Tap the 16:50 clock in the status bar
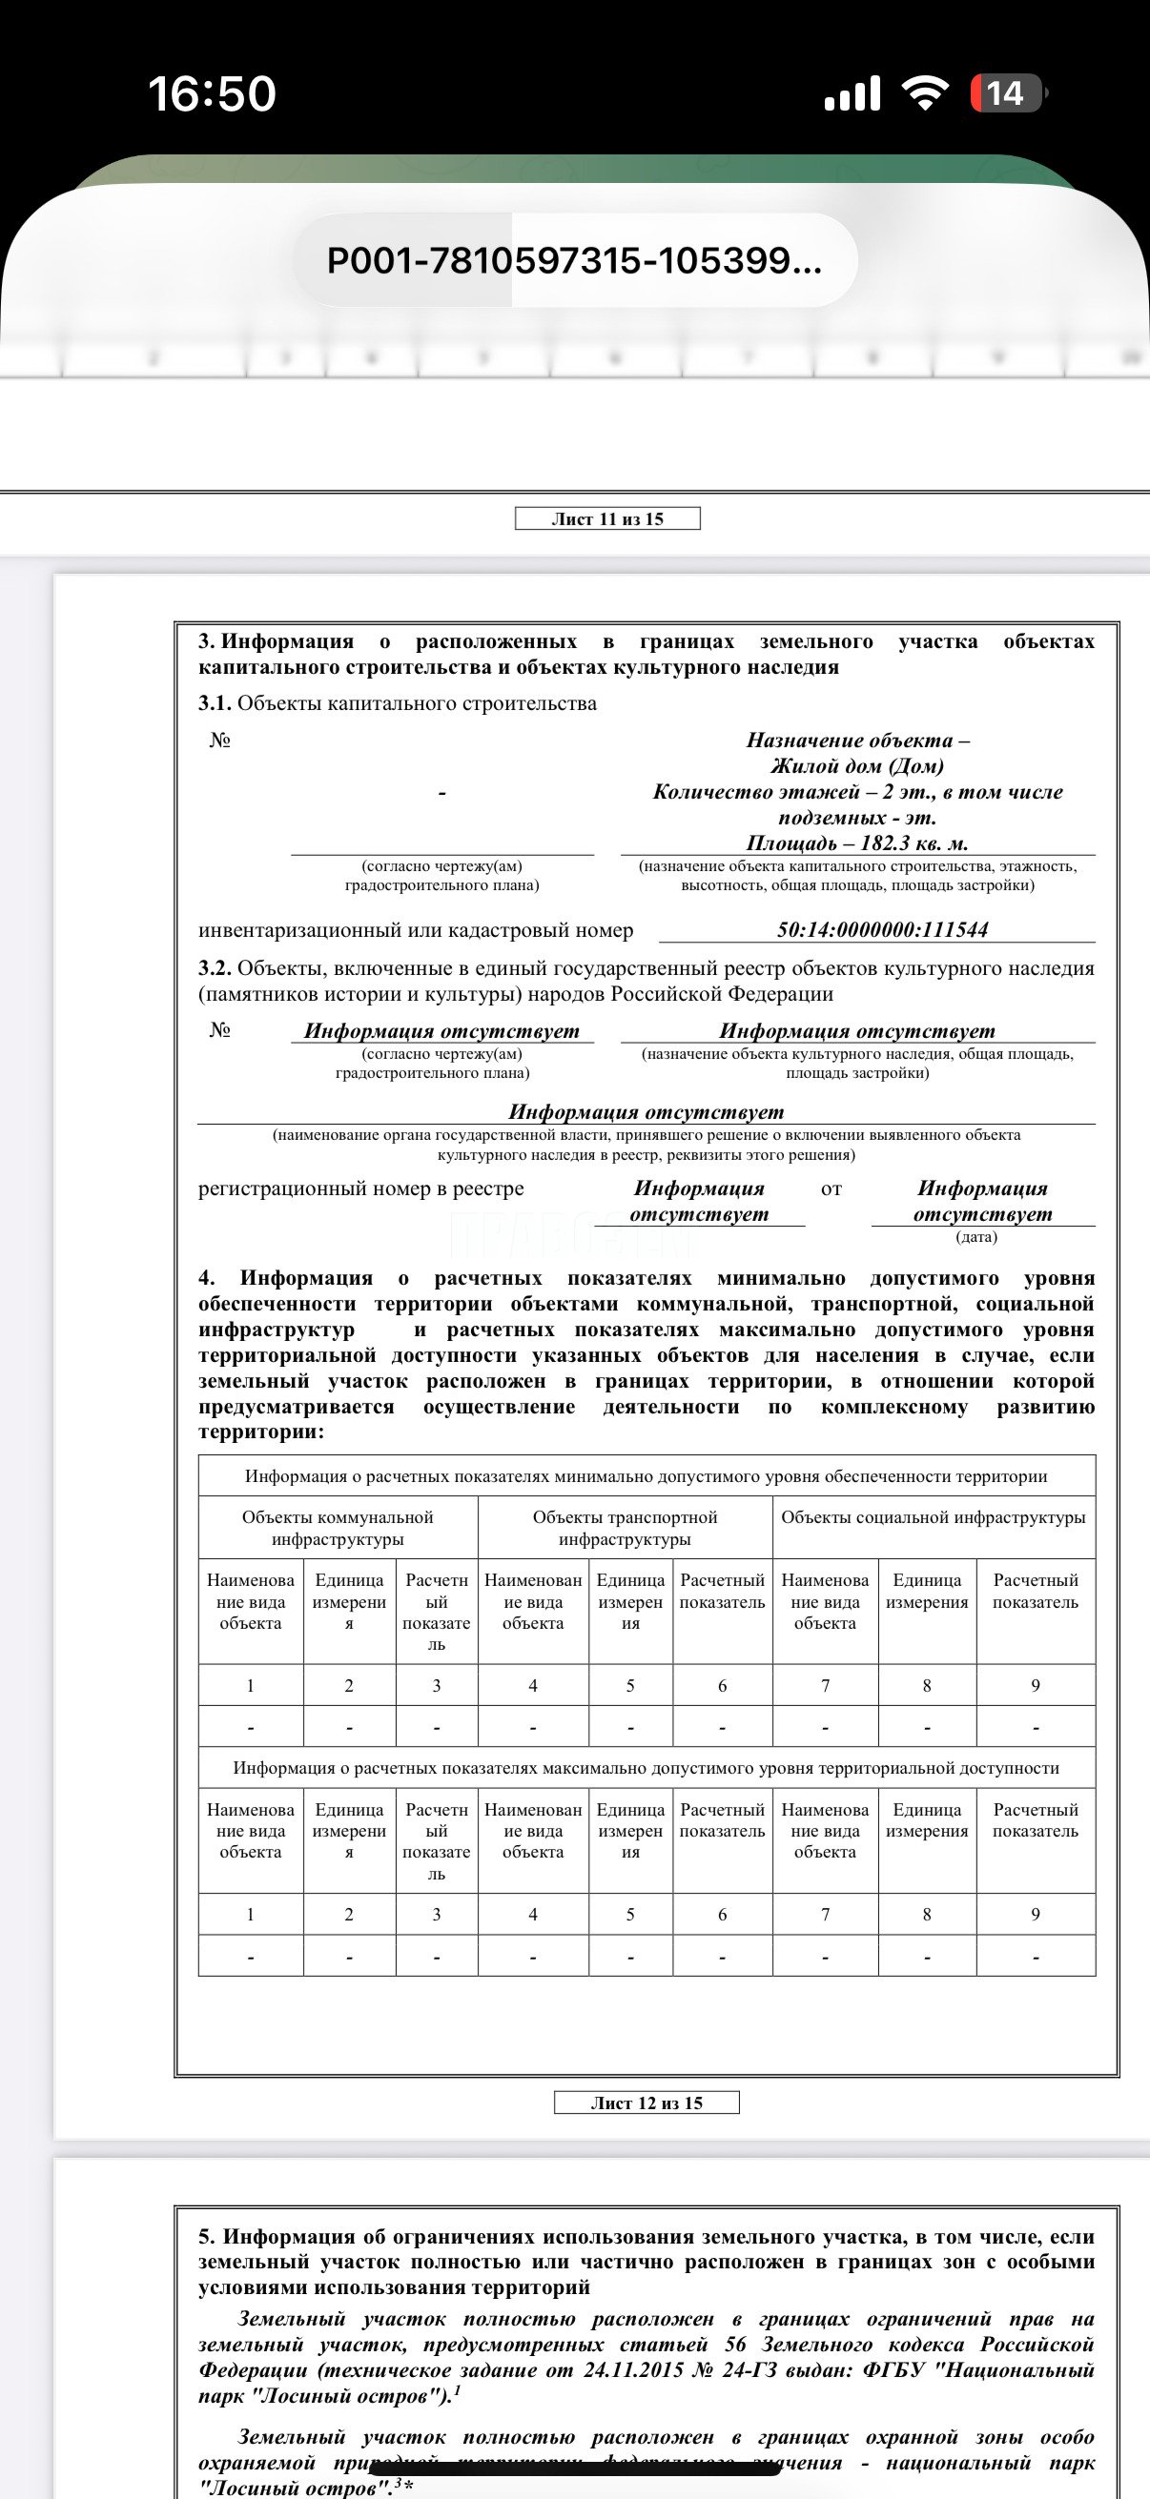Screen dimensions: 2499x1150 pyautogui.click(x=212, y=94)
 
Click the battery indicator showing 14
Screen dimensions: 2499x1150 pyautogui.click(x=1007, y=93)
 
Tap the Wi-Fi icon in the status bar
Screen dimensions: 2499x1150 pyautogui.click(x=924, y=93)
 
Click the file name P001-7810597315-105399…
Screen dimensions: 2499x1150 pyautogui.click(x=574, y=260)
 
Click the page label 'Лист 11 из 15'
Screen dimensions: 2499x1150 pyautogui.click(x=607, y=519)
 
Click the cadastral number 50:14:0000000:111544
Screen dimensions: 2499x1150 pyautogui.click(x=882, y=929)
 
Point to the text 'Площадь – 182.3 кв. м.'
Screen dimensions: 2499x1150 pyautogui.click(x=857, y=843)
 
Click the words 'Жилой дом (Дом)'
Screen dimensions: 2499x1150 pyautogui.click(x=857, y=765)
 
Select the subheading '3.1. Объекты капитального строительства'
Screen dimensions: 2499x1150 pyautogui.click(x=398, y=703)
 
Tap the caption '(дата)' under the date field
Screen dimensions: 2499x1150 pyautogui.click(x=976, y=1237)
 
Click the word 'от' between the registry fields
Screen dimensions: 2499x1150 pyautogui.click(x=832, y=1189)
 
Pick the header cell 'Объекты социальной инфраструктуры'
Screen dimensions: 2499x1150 pyautogui.click(x=933, y=1517)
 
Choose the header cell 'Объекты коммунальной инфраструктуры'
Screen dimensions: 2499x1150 pyautogui.click(x=338, y=1528)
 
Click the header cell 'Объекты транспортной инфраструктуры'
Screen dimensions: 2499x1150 pyautogui.click(x=625, y=1528)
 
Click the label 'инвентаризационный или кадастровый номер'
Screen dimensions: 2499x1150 pyautogui.click(x=416, y=930)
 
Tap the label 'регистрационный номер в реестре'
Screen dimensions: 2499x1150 pyautogui.click(x=361, y=1189)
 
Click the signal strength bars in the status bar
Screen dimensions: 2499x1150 pyautogui.click(x=852, y=94)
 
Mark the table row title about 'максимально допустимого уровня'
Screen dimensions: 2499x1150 pyautogui.click(x=647, y=1768)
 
